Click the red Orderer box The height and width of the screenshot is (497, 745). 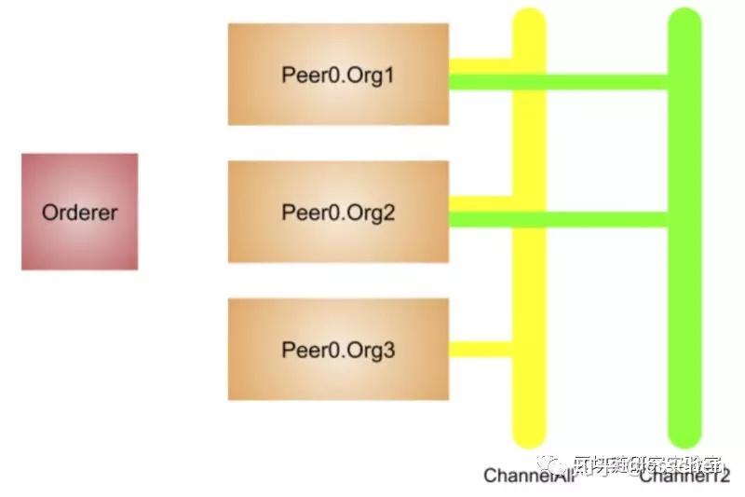[79, 212]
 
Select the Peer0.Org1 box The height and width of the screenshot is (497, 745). [338, 74]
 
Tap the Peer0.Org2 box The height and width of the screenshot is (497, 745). [338, 212]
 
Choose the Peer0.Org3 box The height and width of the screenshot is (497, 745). [338, 350]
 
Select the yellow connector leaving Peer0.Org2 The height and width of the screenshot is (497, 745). [481, 202]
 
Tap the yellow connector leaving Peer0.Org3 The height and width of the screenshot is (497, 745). [481, 350]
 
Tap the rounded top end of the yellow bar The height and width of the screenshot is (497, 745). [529, 19]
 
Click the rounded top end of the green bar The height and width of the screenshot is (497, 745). [684, 19]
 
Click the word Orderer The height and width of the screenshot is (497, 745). [79, 213]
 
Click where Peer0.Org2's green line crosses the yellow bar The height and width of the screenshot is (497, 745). [529, 220]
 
